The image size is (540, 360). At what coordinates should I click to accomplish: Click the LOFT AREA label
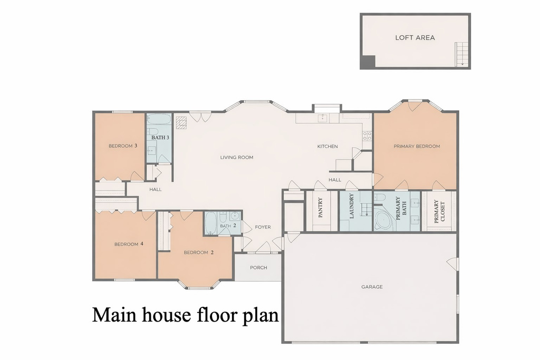click(415, 37)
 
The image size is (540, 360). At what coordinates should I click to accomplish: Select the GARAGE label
click(372, 287)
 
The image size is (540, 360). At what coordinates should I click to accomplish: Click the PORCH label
click(258, 267)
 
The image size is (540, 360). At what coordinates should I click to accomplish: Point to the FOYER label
click(263, 227)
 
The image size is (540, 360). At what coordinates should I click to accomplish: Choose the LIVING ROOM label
click(237, 157)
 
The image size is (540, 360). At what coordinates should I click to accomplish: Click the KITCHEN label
click(327, 146)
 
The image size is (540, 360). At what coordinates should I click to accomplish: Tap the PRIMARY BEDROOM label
click(417, 146)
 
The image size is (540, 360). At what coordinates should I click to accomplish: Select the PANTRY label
click(321, 207)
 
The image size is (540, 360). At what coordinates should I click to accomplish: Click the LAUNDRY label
click(351, 206)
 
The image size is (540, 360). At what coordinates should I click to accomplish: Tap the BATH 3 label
click(160, 138)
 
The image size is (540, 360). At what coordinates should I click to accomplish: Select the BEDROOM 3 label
click(123, 146)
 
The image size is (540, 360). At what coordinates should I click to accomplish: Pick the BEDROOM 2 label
click(199, 252)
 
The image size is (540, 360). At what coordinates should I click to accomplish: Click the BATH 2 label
click(228, 226)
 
